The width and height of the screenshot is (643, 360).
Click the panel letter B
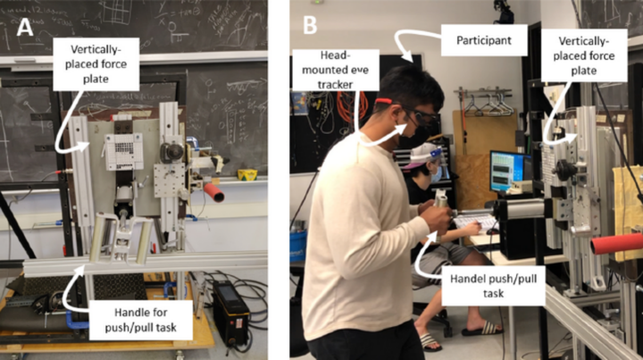[310, 26]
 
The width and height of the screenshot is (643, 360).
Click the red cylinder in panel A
[213, 191]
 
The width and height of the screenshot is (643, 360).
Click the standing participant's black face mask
[408, 136]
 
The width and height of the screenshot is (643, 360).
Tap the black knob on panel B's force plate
[564, 169]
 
